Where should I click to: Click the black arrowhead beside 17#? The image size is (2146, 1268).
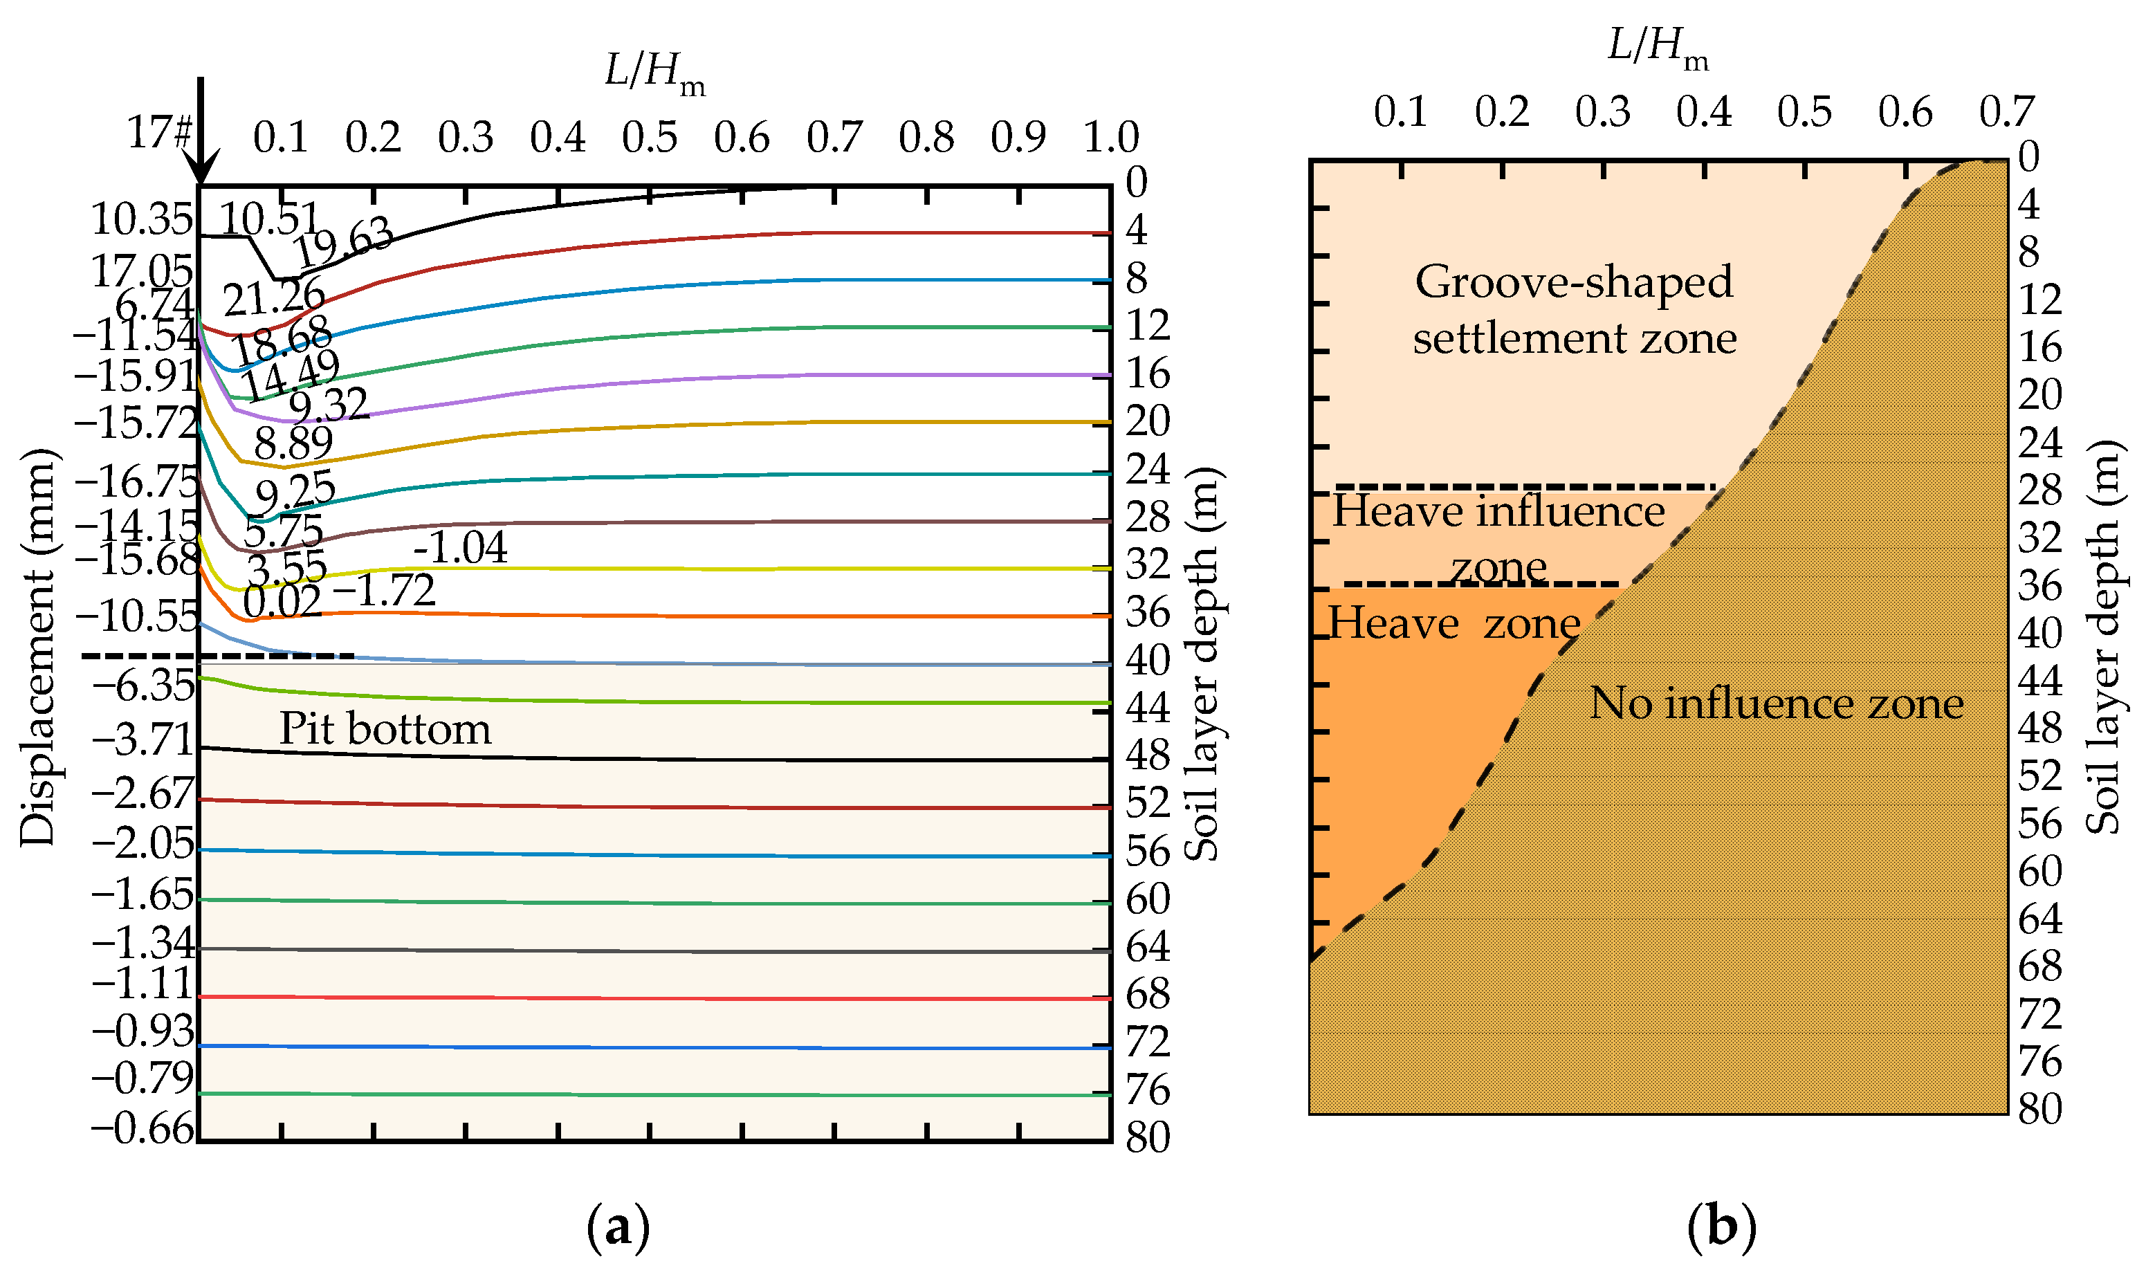201,167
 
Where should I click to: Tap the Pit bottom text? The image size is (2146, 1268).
385,730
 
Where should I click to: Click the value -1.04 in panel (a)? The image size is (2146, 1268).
461,548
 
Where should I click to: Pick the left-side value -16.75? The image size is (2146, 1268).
137,483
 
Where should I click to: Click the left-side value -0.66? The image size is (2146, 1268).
143,1130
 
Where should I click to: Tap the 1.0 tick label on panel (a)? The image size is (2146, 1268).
1110,138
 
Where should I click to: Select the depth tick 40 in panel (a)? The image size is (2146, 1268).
1146,661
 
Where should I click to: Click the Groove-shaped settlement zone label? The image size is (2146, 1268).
1574,309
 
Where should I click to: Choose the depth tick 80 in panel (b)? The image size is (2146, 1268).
2040,1110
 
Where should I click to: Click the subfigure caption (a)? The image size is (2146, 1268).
618,1228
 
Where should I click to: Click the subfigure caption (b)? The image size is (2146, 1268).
1721,1228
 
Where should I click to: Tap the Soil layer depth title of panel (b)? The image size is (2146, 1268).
2103,637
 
